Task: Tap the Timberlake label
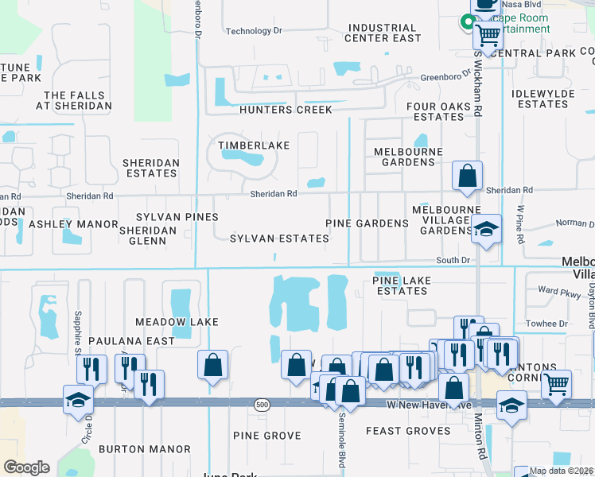tap(255, 145)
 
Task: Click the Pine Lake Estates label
tap(402, 285)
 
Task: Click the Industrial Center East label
tap(383, 33)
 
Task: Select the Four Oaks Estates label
tap(437, 111)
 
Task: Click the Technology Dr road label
tap(254, 31)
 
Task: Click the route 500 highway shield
tap(262, 405)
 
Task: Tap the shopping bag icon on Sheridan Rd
tap(467, 176)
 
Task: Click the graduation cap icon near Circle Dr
tap(77, 399)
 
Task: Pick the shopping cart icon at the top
tap(487, 34)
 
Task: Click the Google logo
tap(26, 467)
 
